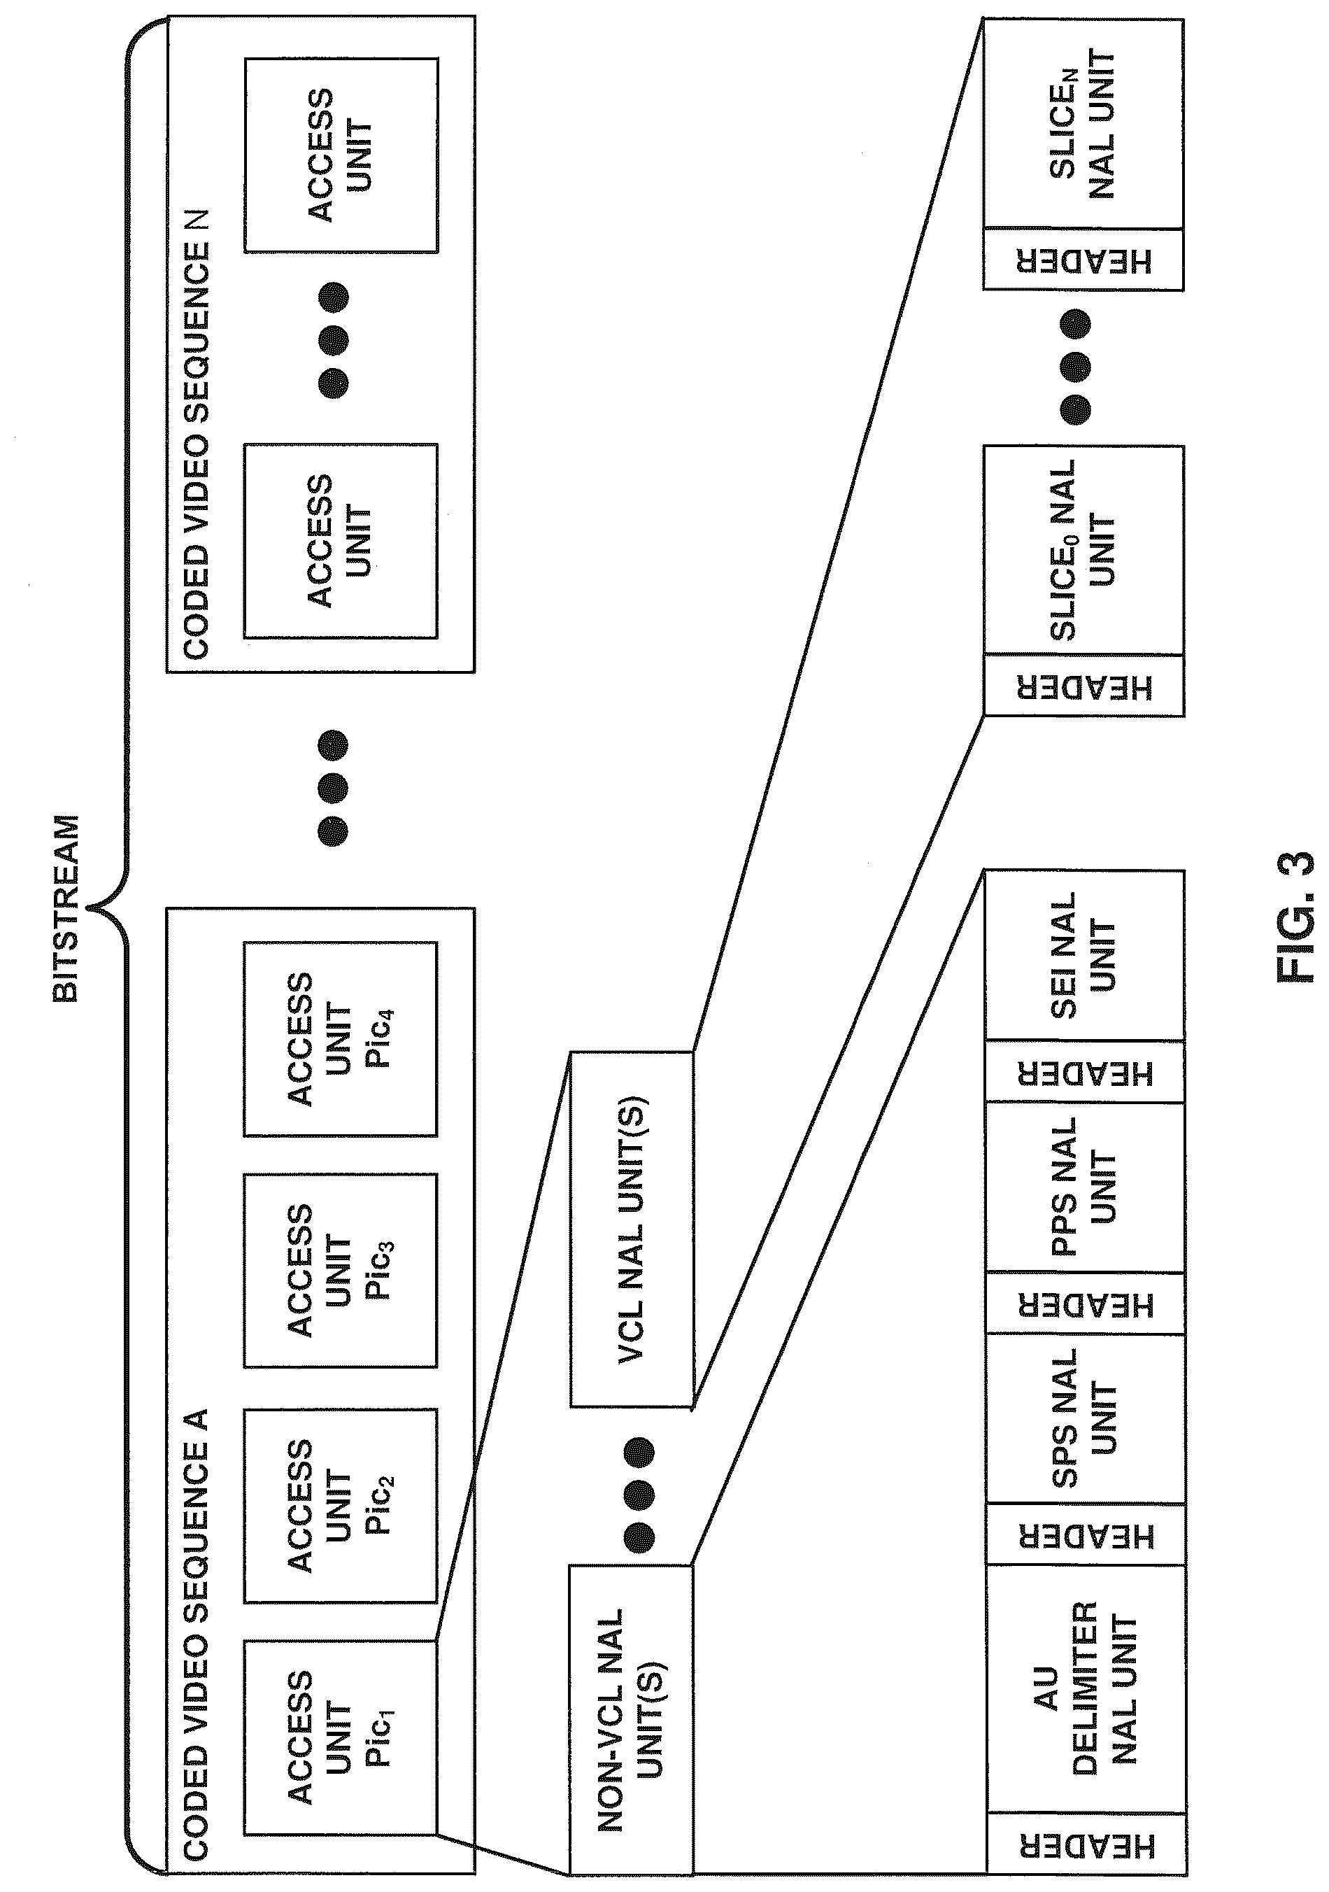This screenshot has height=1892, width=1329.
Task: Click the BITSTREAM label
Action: pyautogui.click(x=66, y=908)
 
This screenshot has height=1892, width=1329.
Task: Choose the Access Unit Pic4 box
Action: pyautogui.click(x=340, y=1038)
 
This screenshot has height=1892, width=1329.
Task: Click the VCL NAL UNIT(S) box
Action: pyautogui.click(x=632, y=1229)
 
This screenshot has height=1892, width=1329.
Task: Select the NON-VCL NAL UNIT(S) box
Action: pyautogui.click(x=631, y=1708)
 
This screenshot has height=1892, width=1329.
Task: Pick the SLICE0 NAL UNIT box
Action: pyautogui.click(x=1084, y=551)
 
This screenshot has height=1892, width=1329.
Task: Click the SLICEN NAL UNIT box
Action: pyautogui.click(x=1083, y=124)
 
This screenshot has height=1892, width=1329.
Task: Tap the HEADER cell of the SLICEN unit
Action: pyautogui.click(x=1083, y=260)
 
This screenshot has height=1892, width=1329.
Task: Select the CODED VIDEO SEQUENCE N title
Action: pyautogui.click(x=196, y=435)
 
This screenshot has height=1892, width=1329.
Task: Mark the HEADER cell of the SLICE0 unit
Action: pyautogui.click(x=1084, y=686)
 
